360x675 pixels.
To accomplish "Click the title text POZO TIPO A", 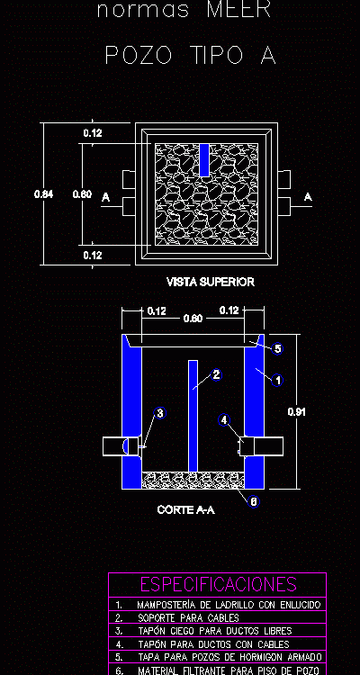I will point(190,57).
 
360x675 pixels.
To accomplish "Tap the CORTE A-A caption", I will point(185,510).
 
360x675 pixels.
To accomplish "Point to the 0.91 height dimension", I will point(296,412).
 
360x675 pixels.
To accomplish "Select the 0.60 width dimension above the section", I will point(192,318).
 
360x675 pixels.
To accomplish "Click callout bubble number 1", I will point(278,381).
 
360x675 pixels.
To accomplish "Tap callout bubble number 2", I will point(216,374).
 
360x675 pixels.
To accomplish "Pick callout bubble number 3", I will point(160,413).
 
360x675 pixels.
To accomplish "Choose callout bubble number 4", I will point(224,419).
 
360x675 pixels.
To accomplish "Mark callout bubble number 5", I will point(278,348).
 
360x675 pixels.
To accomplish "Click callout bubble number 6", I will point(254,501).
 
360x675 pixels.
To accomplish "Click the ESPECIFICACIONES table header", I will point(218,584).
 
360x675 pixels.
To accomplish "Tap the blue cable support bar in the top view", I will point(203,159).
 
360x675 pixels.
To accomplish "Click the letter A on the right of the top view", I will point(307,196).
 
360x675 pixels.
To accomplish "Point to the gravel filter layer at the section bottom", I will point(193,479).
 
